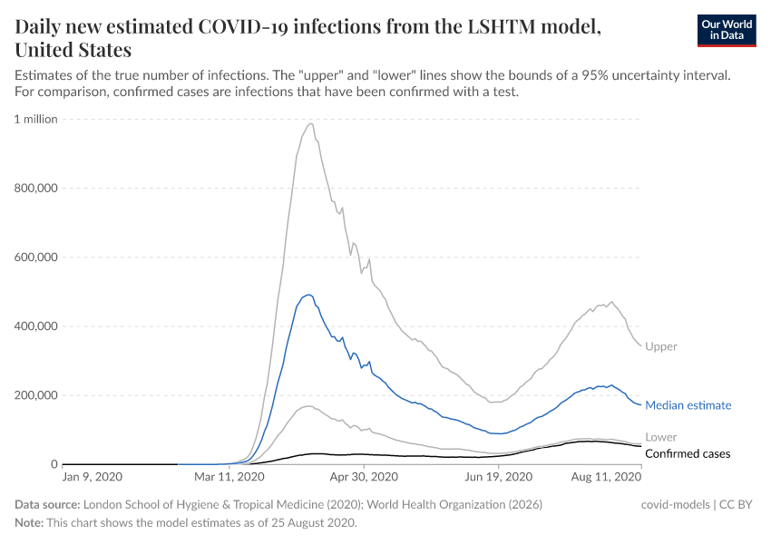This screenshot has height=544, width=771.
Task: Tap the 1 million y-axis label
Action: coord(36,119)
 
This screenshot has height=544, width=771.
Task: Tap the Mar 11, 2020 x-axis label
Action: coord(229,476)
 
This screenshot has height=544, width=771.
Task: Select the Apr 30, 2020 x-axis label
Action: coord(365,476)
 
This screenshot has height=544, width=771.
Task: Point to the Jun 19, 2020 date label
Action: coord(500,476)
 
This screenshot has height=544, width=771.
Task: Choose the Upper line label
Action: coord(661,346)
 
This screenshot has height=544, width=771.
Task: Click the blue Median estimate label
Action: coord(688,405)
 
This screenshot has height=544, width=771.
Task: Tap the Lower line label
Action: coord(661,437)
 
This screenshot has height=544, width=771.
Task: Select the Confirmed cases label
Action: coord(688,453)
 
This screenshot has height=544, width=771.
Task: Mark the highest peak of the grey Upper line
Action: coord(311,123)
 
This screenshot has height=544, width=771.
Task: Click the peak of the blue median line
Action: coord(308,295)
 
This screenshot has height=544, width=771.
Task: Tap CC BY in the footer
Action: coord(737,504)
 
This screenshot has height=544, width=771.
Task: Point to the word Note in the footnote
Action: coord(28,523)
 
